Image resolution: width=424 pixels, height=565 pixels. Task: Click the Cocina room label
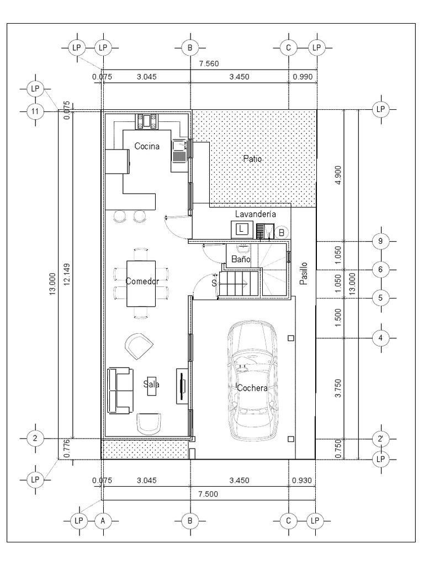point(147,146)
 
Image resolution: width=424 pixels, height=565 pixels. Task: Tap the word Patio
point(252,158)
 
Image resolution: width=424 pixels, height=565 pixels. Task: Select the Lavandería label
point(256,214)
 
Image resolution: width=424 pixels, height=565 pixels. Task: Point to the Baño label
point(241,259)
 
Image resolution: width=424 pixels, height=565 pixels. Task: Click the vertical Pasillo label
point(304,274)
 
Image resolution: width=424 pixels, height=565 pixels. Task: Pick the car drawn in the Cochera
point(252,381)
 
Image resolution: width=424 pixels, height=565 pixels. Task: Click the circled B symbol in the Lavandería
point(282,233)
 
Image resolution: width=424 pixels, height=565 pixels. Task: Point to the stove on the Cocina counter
point(147,121)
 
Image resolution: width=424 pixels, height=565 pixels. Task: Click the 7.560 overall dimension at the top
point(209,64)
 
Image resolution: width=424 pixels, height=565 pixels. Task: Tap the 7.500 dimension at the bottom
point(208,494)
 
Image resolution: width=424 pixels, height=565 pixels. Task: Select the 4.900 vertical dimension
point(338,175)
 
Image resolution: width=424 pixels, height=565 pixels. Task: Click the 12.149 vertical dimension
point(67,275)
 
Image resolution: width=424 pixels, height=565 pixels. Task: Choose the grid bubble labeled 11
point(35,111)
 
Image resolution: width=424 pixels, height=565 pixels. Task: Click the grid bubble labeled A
point(103,521)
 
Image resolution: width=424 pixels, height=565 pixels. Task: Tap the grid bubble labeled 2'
point(380,439)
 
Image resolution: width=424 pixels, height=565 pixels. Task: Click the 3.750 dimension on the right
point(338,388)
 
